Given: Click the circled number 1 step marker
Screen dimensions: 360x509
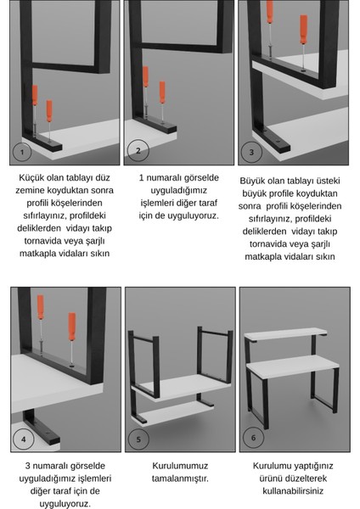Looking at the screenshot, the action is coord(22,152).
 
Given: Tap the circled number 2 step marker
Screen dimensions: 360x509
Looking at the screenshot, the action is coord(138,150).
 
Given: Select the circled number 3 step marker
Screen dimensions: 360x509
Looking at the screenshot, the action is coord(251,152).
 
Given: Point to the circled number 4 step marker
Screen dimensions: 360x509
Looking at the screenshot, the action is coord(24,439).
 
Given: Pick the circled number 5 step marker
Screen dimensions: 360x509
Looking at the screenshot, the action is coord(138,439).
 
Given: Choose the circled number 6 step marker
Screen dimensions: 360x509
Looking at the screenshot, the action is coord(253,438).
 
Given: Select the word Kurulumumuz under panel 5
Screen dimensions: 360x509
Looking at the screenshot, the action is coord(180,466).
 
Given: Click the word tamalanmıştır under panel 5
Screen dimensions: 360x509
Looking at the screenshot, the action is coord(180,478).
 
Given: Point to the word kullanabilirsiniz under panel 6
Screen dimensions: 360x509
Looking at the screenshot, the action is coord(293,490).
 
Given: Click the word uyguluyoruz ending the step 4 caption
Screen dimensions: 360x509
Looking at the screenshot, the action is coord(65,504).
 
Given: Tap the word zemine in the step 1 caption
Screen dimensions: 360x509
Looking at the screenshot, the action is coord(30,190).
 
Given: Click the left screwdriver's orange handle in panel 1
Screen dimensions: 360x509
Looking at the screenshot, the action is coord(35,95).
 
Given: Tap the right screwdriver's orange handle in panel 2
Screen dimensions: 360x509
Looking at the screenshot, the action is coord(162,92).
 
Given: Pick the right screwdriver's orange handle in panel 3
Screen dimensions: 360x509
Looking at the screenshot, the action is coord(303,29).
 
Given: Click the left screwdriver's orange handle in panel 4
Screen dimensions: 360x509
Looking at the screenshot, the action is coord(40,307).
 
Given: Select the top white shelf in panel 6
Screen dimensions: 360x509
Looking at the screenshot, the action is coord(285,334).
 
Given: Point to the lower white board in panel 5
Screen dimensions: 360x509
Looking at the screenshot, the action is coord(172,413).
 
